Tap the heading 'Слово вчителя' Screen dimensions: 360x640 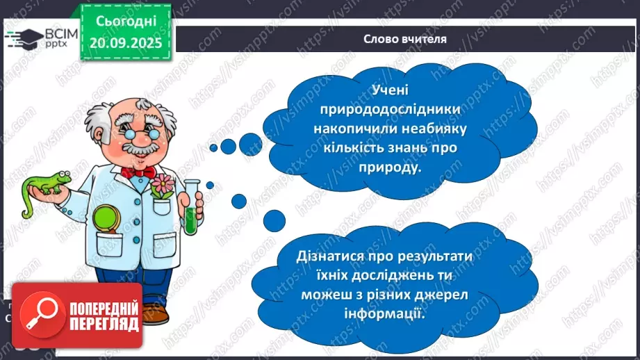[404, 39]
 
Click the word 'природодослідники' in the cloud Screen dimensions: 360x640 [393, 110]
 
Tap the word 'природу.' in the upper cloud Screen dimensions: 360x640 [393, 167]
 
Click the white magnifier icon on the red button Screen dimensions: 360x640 [39, 316]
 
